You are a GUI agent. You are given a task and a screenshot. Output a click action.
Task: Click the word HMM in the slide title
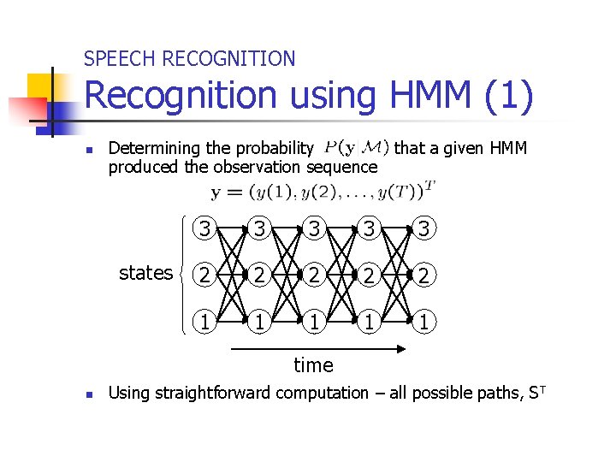(x=426, y=96)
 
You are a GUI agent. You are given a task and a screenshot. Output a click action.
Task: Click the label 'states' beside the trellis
(x=145, y=273)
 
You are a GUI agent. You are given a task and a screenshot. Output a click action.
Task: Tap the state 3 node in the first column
(x=203, y=228)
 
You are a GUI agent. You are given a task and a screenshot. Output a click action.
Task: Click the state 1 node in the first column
(x=203, y=323)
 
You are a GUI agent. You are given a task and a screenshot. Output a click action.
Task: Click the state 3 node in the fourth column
(x=370, y=228)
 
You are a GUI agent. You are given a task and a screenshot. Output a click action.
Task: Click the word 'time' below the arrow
(x=313, y=366)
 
